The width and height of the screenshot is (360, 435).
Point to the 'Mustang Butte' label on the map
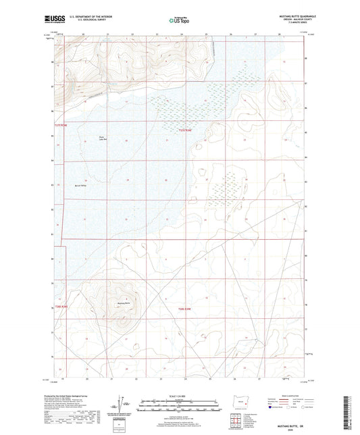(123, 302)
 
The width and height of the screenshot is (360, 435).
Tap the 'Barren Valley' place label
(80, 184)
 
